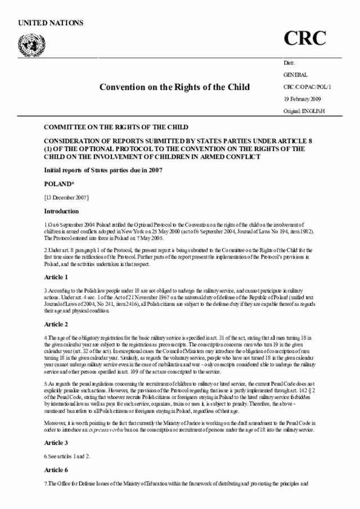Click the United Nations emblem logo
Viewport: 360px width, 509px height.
tap(27, 43)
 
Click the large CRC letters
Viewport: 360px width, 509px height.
tap(304, 38)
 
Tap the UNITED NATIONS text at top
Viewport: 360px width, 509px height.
tap(51, 23)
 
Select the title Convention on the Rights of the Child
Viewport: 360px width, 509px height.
tap(174, 87)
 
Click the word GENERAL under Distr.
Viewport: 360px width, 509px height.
tap(295, 74)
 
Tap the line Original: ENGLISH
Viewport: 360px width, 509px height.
tap(304, 111)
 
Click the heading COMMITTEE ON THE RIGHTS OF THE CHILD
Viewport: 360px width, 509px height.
tap(116, 127)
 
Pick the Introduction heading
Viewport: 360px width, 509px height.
tap(61, 211)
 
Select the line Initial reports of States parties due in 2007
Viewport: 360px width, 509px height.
tap(103, 170)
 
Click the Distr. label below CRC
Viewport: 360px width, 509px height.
tap(289, 62)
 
